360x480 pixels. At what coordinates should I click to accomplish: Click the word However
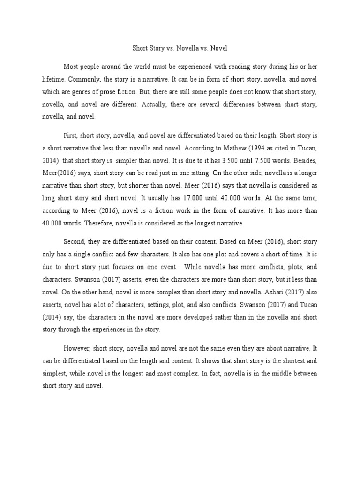point(77,349)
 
